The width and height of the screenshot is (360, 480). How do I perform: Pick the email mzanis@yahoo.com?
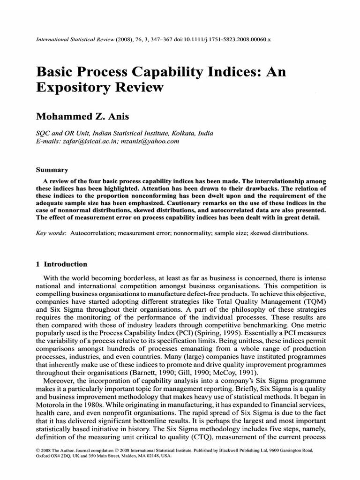click(153, 141)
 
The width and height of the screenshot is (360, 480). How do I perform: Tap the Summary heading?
click(52, 170)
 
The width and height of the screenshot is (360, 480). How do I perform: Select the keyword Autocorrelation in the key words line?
click(92, 232)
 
